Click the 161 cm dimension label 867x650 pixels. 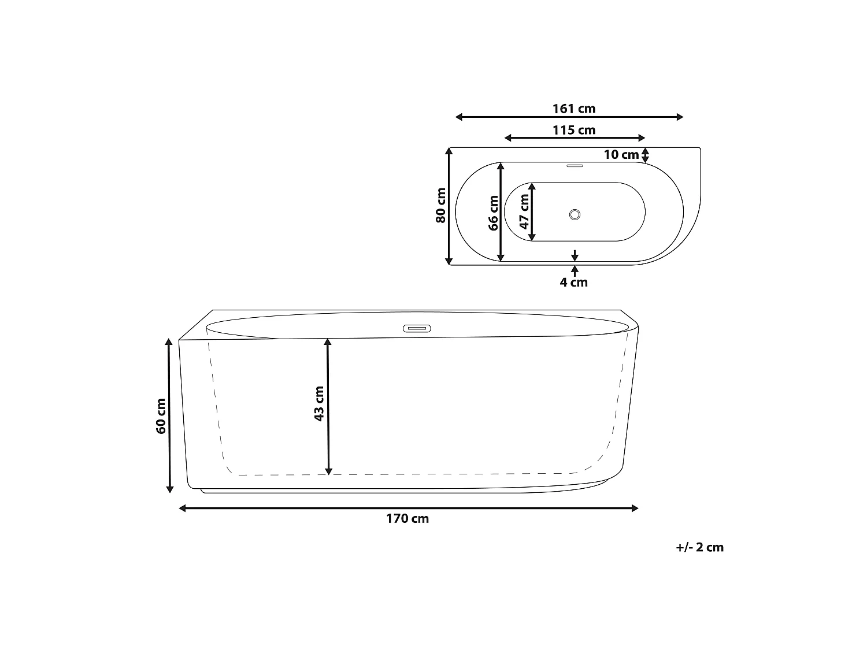(x=573, y=109)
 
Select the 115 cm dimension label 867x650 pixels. (x=573, y=130)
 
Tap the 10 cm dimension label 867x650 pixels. (x=621, y=154)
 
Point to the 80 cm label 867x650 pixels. (x=441, y=205)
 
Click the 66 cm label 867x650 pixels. (x=494, y=213)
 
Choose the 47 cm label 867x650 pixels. (x=524, y=211)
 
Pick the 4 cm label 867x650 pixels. (x=573, y=282)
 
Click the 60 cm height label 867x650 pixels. (x=161, y=416)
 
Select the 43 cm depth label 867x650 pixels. (x=318, y=404)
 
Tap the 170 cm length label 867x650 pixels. (x=407, y=518)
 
